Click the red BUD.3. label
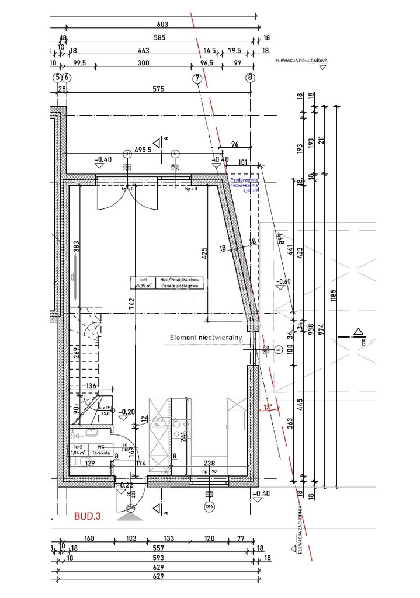point(89,516)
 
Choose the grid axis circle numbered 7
point(197,78)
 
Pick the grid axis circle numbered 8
point(251,78)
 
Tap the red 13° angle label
point(268,408)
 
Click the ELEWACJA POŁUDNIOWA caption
point(302,60)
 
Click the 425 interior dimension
point(204,253)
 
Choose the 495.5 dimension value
point(141,149)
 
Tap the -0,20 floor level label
point(126,412)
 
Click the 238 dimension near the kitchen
point(208,463)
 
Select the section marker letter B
point(363,342)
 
